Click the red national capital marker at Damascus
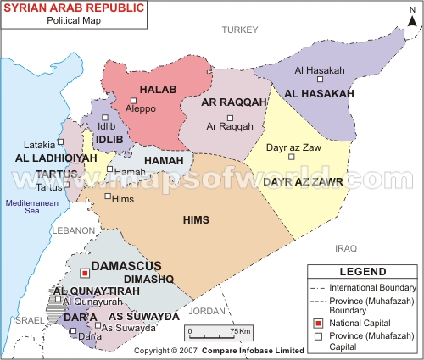pyautogui.click(x=84, y=274)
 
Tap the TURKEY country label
pyautogui.click(x=238, y=30)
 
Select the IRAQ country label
pyautogui.click(x=346, y=248)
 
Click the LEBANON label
pyautogui.click(x=72, y=230)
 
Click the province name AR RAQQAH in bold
pyautogui.click(x=229, y=102)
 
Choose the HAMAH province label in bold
pyautogui.click(x=163, y=161)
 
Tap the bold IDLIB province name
pyautogui.click(x=111, y=139)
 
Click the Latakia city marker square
pyautogui.click(x=61, y=142)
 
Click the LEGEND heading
pyautogui.click(x=362, y=272)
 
